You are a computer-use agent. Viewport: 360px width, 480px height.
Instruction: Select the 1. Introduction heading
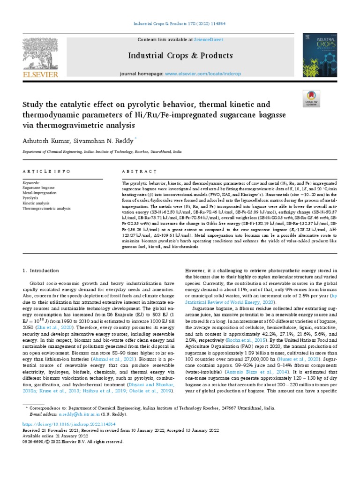(x=41, y=271)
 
